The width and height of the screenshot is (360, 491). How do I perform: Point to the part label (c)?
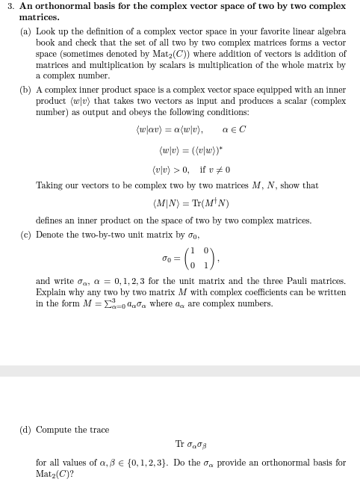pos(26,234)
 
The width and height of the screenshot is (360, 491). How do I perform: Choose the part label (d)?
pos(26,430)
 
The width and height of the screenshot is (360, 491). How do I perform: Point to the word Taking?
pos(49,185)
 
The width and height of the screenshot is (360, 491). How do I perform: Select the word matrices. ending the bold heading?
pos(40,16)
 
